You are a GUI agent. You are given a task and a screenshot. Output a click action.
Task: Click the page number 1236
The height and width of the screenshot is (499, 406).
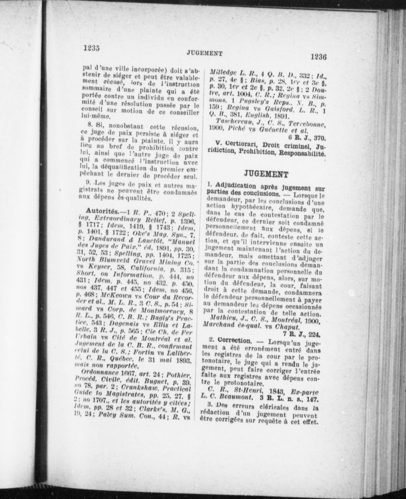pos(318,57)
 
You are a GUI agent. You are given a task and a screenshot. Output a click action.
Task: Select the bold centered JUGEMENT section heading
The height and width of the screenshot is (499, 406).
pos(266,174)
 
